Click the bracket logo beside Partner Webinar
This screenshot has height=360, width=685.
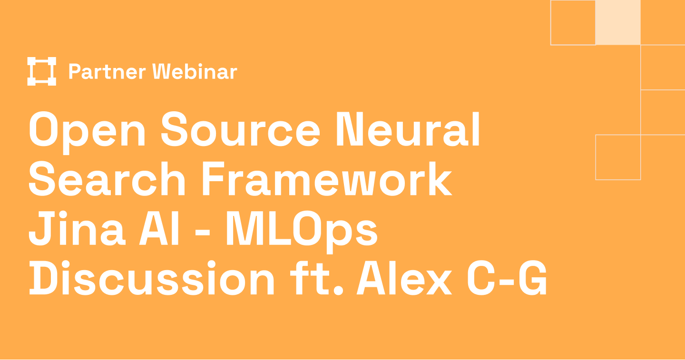coord(42,71)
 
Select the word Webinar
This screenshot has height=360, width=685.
coord(194,72)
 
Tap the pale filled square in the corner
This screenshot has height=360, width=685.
coord(618,22)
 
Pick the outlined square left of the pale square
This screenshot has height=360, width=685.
coord(573,22)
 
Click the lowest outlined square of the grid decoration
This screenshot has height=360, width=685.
coord(618,157)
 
